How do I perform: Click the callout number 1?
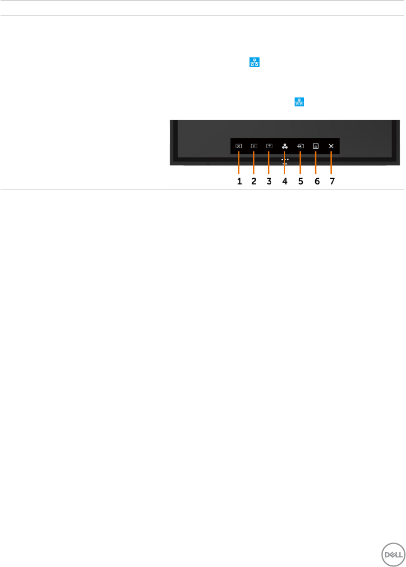coord(239,181)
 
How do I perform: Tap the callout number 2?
coord(254,181)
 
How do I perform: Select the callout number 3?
coord(269,181)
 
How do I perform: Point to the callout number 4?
coord(285,181)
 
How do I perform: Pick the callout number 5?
coord(300,181)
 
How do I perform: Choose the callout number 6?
coord(316,181)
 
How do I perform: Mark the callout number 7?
coord(332,181)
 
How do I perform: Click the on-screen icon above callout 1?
coord(238,146)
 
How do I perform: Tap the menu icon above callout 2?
coord(254,146)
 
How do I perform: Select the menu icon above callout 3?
coord(269,146)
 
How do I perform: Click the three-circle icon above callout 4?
coord(285,146)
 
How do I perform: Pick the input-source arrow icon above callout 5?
coord(300,146)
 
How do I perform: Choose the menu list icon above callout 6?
coord(316,146)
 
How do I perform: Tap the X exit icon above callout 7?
coord(331,146)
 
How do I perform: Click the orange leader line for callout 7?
coord(331,164)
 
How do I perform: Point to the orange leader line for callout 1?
coord(238,164)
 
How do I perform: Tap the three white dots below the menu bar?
coord(285,159)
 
